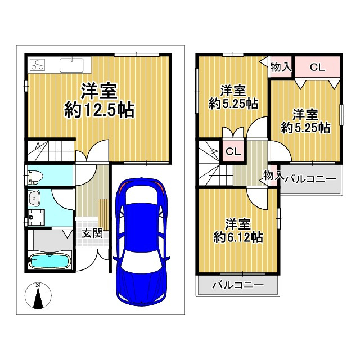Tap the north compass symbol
(38, 296)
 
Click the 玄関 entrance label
(92, 232)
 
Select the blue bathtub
(49, 261)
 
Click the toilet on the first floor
(34, 176)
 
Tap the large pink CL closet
(317, 67)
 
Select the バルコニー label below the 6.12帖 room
(237, 285)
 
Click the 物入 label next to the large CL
(281, 67)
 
